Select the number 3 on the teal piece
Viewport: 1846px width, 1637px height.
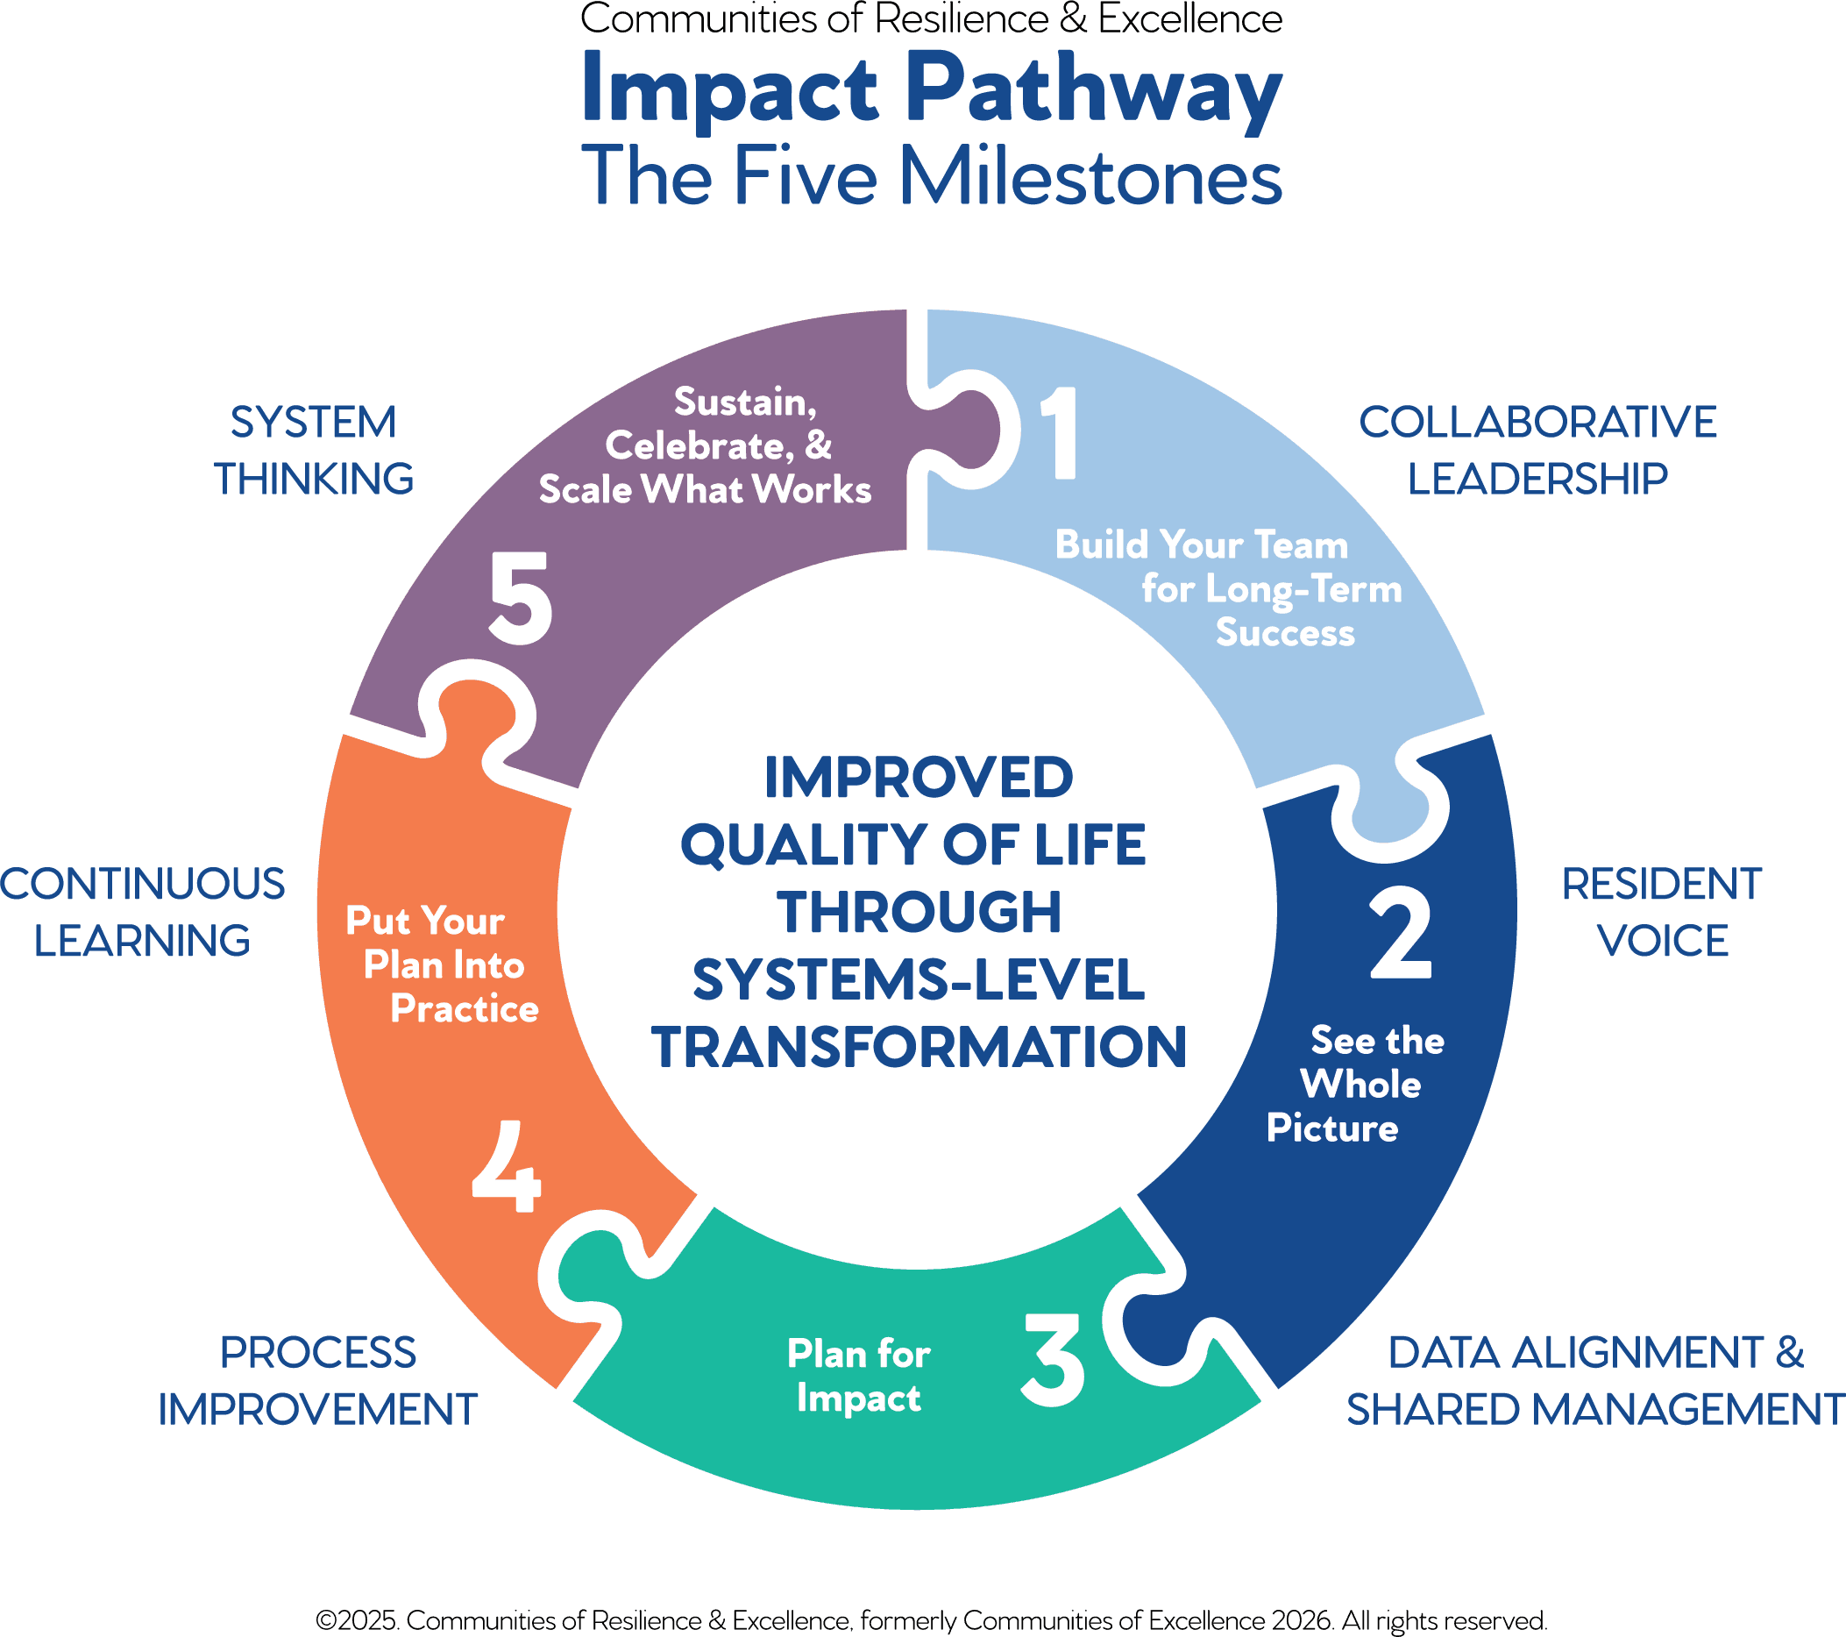pos(1053,1360)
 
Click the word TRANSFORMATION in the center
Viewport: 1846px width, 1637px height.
pos(919,1047)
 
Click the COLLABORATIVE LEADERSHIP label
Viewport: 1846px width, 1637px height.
pos(1537,450)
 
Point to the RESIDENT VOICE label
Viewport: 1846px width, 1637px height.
pos(1662,913)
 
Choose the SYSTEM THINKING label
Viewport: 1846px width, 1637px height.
pos(314,450)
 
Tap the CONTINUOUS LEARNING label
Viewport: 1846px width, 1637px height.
pos(143,913)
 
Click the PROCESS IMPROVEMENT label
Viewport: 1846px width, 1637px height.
pos(318,1380)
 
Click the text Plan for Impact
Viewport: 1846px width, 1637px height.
pos(858,1375)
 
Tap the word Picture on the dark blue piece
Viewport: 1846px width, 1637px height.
pos(1332,1128)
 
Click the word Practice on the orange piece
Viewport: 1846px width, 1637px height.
pos(465,1009)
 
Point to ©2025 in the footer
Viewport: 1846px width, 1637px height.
pos(356,1619)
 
